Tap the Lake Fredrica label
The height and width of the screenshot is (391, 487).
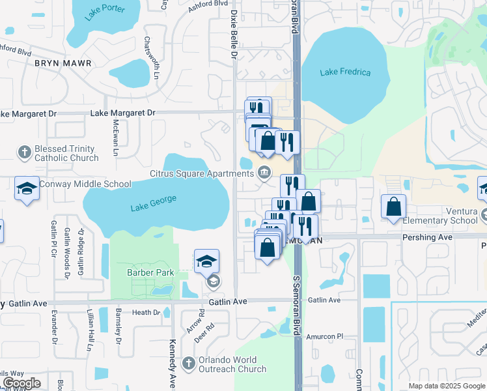345,72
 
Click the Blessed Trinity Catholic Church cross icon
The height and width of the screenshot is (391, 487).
24,152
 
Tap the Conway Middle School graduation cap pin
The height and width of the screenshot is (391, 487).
27,189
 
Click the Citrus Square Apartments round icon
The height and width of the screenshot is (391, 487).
264,173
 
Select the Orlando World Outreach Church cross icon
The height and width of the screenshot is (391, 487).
188,363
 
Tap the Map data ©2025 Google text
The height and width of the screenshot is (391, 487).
446,386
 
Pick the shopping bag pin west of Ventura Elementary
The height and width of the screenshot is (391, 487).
394,208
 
